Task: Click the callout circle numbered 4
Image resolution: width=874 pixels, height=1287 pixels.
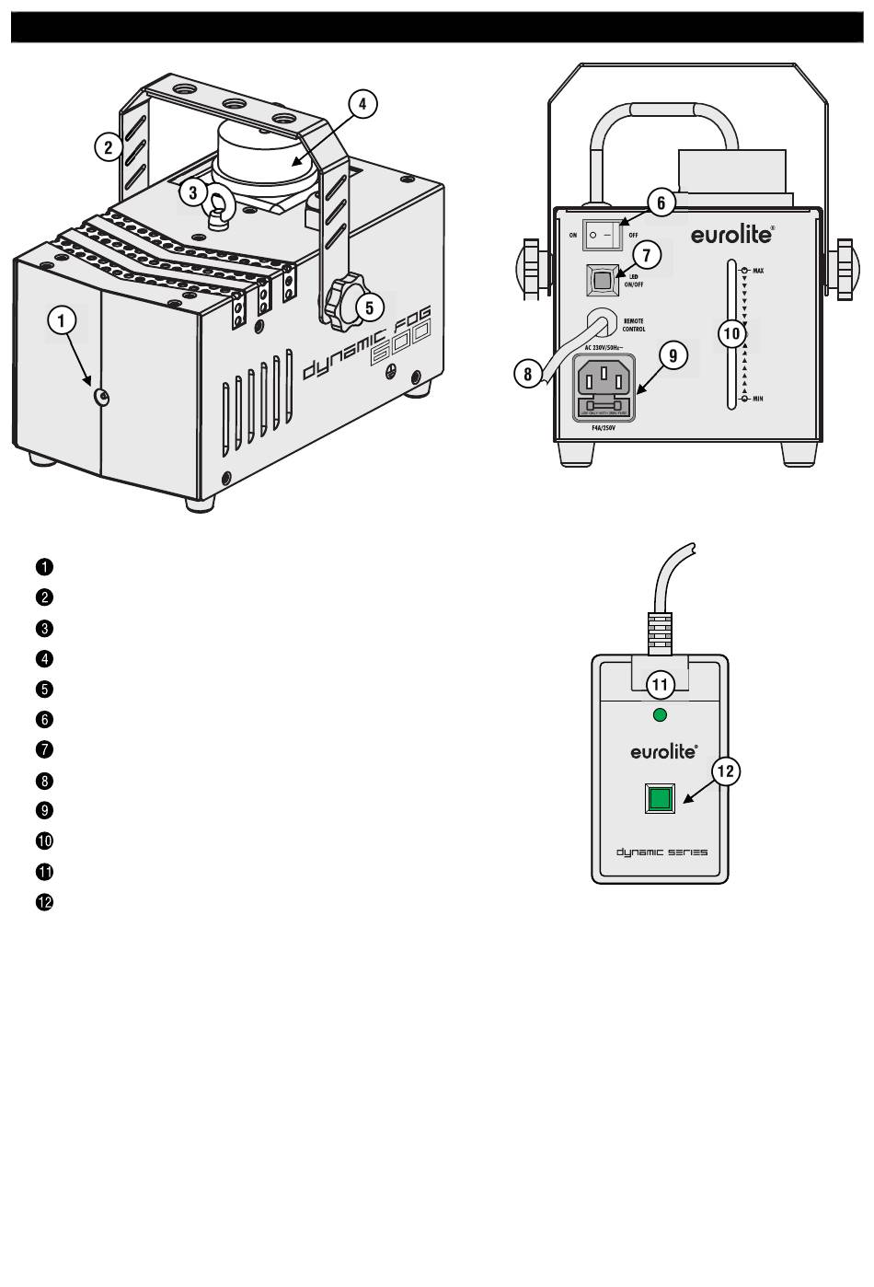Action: point(362,104)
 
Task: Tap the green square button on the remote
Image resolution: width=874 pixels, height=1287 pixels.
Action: point(660,797)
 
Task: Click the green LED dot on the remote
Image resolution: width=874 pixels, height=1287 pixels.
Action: point(659,714)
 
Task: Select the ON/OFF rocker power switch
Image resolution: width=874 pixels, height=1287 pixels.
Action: point(603,235)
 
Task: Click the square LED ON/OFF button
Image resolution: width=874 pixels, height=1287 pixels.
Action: point(601,279)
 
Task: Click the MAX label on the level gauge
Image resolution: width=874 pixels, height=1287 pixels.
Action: point(758,271)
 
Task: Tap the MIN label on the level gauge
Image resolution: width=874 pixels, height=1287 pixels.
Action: point(757,399)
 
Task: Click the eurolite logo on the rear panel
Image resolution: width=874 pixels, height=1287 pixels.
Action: point(732,234)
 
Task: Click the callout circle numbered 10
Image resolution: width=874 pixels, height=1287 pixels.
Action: point(732,332)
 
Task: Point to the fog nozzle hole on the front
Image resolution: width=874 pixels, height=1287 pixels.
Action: point(103,398)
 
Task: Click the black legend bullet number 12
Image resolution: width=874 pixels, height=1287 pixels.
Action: point(44,902)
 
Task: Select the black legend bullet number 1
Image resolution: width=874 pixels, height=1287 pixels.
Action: point(44,566)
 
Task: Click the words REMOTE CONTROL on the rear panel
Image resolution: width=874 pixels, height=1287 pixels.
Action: point(634,325)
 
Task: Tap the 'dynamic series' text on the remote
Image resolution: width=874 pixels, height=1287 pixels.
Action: point(661,852)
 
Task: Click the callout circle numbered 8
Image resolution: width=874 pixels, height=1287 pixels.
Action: point(527,374)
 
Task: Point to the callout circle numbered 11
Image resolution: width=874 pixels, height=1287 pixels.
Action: point(660,684)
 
